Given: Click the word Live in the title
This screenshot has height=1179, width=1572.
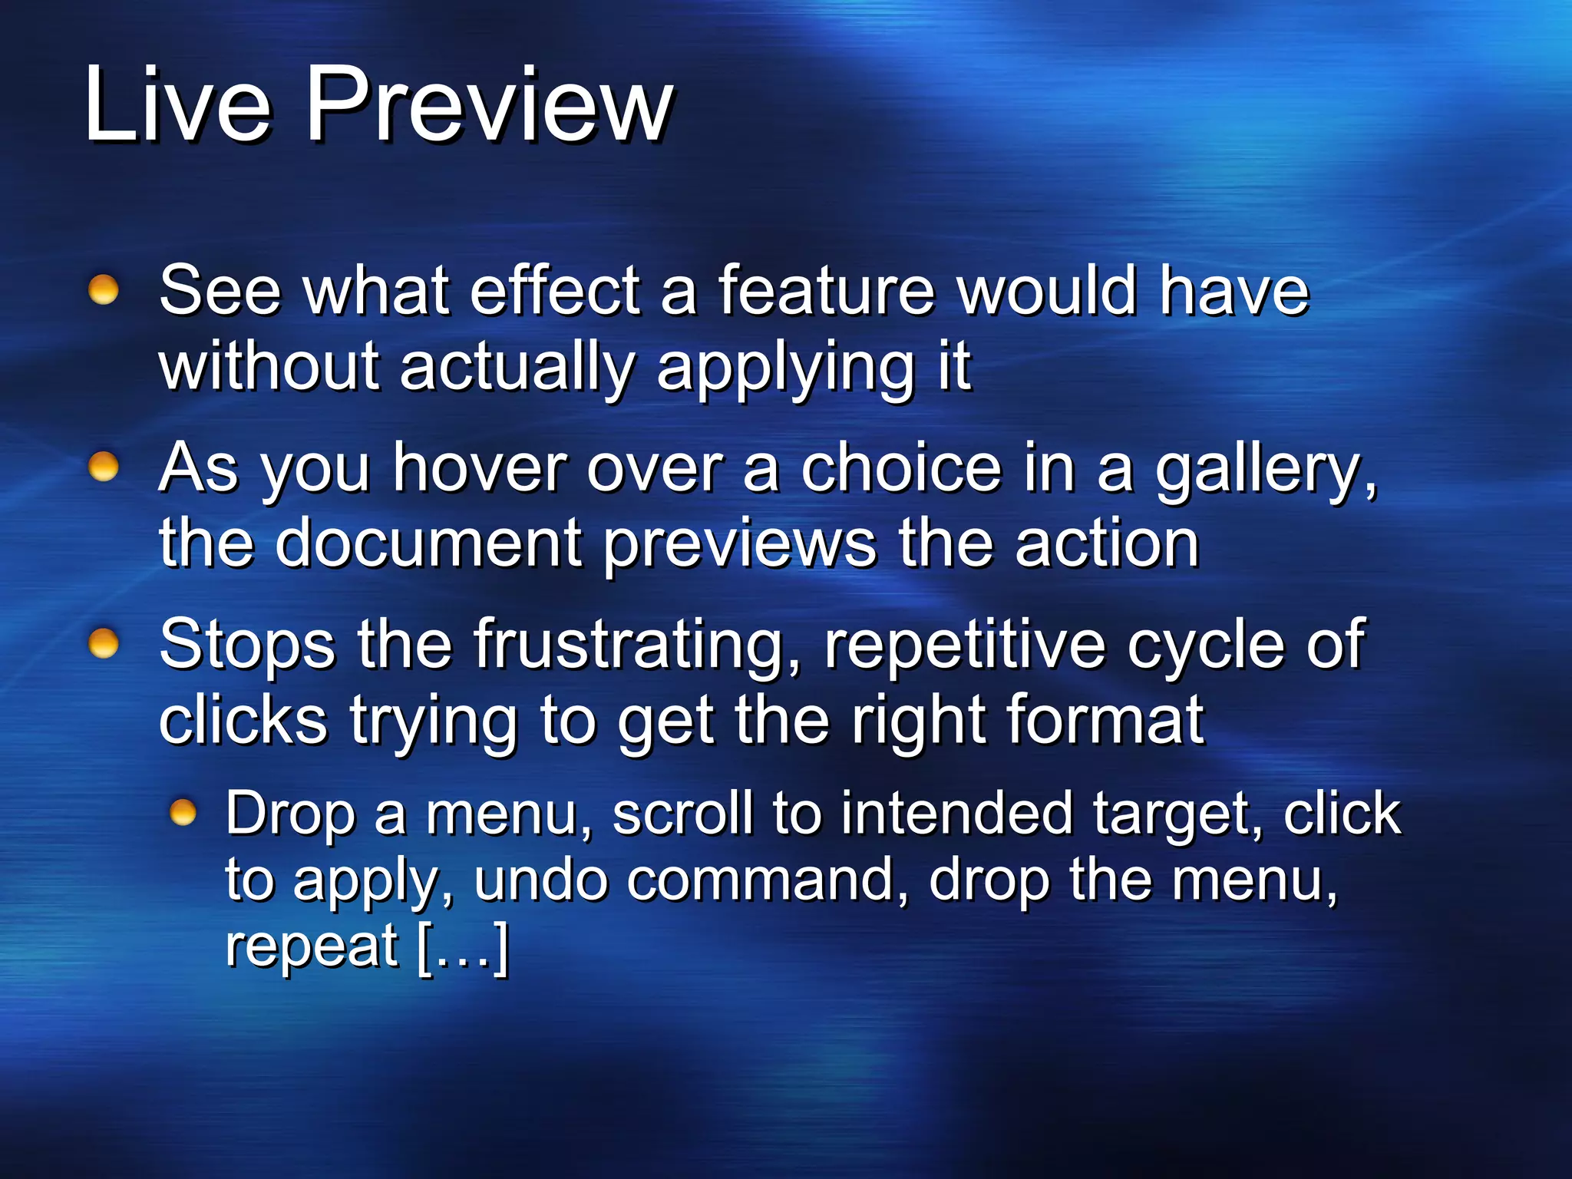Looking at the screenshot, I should pos(177,105).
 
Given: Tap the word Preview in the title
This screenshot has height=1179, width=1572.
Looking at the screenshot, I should pos(489,105).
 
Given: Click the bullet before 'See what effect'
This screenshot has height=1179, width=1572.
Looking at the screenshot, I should pos(104,291).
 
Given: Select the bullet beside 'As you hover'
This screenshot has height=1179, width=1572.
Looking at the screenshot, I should pos(104,467).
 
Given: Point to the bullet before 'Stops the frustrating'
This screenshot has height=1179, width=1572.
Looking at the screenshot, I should pos(104,643).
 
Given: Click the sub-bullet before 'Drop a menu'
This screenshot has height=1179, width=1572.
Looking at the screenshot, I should pos(183,812).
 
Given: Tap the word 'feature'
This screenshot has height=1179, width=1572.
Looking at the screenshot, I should pos(826,291).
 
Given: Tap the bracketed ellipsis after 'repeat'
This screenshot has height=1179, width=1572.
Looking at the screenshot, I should pos(463,947).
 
